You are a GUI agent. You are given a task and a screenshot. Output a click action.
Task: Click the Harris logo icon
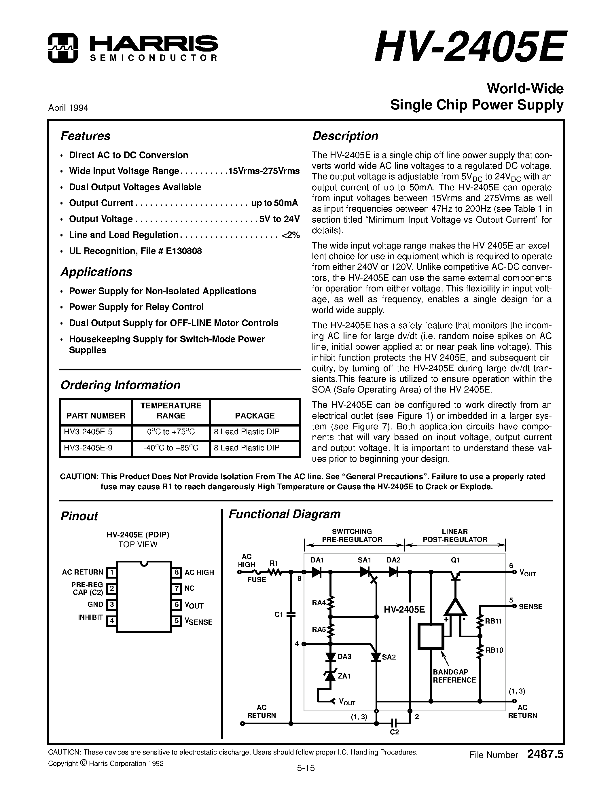point(63,48)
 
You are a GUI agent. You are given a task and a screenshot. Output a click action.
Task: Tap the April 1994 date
point(68,108)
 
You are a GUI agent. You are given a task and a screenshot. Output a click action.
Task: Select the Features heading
point(85,136)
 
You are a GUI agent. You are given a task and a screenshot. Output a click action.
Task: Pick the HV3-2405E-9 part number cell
point(88,448)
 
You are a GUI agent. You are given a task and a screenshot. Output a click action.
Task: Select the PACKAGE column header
point(255,416)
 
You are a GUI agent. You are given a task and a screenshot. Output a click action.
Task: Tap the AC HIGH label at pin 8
point(199,572)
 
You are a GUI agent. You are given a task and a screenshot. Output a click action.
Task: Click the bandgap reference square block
point(431,636)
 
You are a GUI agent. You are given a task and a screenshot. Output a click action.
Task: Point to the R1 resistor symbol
point(275,572)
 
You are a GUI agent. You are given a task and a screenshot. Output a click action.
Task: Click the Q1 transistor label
point(455,560)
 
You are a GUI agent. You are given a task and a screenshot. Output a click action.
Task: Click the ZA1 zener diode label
point(344,676)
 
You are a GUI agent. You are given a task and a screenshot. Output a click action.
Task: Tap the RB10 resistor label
point(494,650)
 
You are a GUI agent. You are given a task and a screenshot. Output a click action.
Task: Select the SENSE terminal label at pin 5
point(530,607)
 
